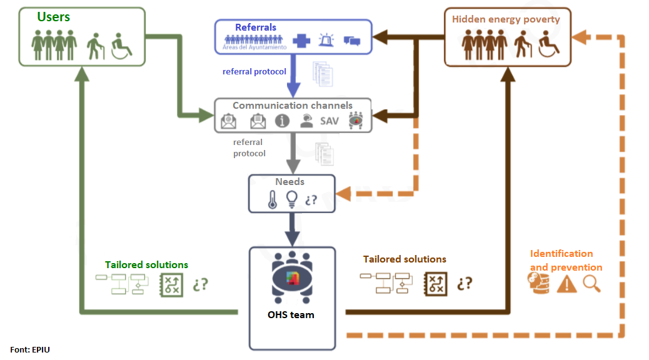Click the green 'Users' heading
pyautogui.click(x=53, y=17)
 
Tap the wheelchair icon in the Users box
pyautogui.click(x=121, y=47)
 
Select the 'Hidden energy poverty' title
pyautogui.click(x=506, y=19)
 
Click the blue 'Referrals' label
pyautogui.click(x=256, y=27)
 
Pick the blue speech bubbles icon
pyautogui.click(x=352, y=41)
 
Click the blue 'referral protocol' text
pyautogui.click(x=254, y=71)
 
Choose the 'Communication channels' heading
pyautogui.click(x=293, y=106)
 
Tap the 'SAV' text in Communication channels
pyautogui.click(x=330, y=121)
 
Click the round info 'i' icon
pyautogui.click(x=282, y=121)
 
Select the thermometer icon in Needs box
pyautogui.click(x=272, y=199)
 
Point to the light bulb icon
pyautogui.click(x=291, y=199)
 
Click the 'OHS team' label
pyautogui.click(x=291, y=314)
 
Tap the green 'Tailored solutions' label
pyautogui.click(x=146, y=265)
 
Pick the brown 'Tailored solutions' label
pyautogui.click(x=405, y=259)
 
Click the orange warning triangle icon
pyautogui.click(x=566, y=284)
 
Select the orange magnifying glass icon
pyautogui.click(x=591, y=284)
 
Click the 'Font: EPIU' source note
pyautogui.click(x=30, y=349)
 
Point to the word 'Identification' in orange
pyautogui.click(x=561, y=254)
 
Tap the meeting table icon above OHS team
pyautogui.click(x=292, y=277)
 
